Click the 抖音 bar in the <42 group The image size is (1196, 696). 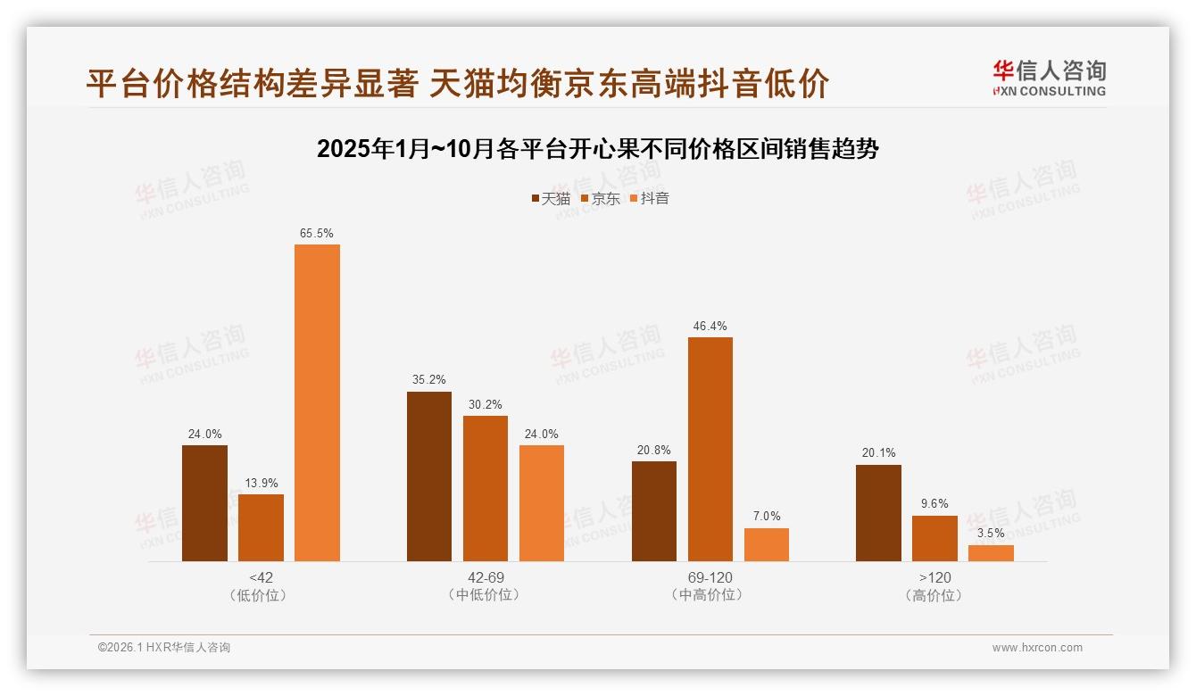(x=317, y=402)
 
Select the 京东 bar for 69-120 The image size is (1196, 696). (x=710, y=449)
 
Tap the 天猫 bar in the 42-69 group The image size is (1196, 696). (x=429, y=476)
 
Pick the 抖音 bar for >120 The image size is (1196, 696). (x=991, y=553)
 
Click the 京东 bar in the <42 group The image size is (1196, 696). (x=261, y=527)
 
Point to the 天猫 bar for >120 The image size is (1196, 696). (x=878, y=513)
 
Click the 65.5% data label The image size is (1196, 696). (x=317, y=234)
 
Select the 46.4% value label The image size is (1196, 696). (x=710, y=327)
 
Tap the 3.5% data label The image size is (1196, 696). (x=991, y=534)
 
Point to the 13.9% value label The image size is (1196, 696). (x=261, y=484)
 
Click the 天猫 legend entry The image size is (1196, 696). (x=550, y=199)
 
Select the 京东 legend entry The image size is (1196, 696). (x=600, y=199)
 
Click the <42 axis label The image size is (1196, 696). (x=262, y=577)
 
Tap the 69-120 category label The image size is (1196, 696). (x=710, y=577)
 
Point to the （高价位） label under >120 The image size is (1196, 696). (x=934, y=595)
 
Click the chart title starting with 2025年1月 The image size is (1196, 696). (x=598, y=149)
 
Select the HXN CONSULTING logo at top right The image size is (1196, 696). (x=1049, y=79)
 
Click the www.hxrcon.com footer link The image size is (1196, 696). (x=1037, y=648)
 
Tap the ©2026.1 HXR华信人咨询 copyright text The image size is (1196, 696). (x=164, y=648)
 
